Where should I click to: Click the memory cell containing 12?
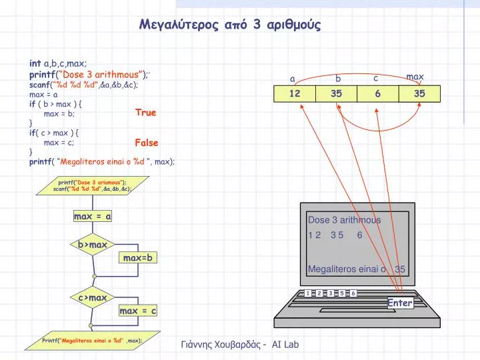[295, 94]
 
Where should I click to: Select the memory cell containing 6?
[378, 94]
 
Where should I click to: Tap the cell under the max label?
[419, 94]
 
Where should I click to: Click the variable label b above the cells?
[338, 79]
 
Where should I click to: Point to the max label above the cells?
[415, 77]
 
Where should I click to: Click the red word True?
[146, 113]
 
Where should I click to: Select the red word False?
[147, 143]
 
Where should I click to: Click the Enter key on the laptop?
[400, 303]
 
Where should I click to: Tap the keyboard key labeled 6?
[353, 293]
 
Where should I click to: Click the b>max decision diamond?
[93, 245]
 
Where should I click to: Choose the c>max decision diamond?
[93, 297]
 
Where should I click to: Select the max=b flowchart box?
[138, 258]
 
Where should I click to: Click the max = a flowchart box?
[93, 216]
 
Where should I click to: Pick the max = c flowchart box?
[138, 311]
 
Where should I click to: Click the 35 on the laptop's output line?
[400, 269]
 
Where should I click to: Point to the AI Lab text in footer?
[285, 345]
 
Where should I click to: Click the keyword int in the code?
[35, 63]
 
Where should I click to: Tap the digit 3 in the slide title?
[257, 24]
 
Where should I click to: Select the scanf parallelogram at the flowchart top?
[93, 186]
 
